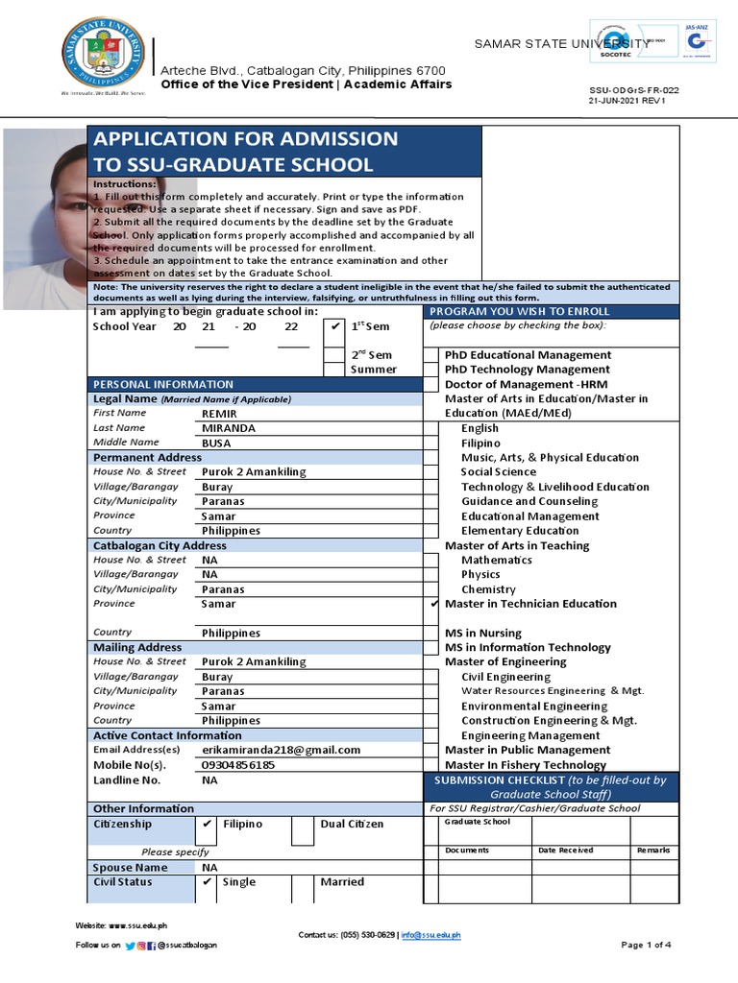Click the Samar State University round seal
[105, 57]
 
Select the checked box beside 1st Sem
[334, 326]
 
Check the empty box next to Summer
[334, 370]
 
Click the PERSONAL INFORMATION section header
[162, 384]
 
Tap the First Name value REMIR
[219, 414]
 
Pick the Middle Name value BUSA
[217, 444]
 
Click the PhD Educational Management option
[528, 355]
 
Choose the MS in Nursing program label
[483, 634]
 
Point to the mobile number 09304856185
[238, 765]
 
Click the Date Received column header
[565, 851]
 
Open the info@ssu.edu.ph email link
[430, 935]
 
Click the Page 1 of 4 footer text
[646, 946]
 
